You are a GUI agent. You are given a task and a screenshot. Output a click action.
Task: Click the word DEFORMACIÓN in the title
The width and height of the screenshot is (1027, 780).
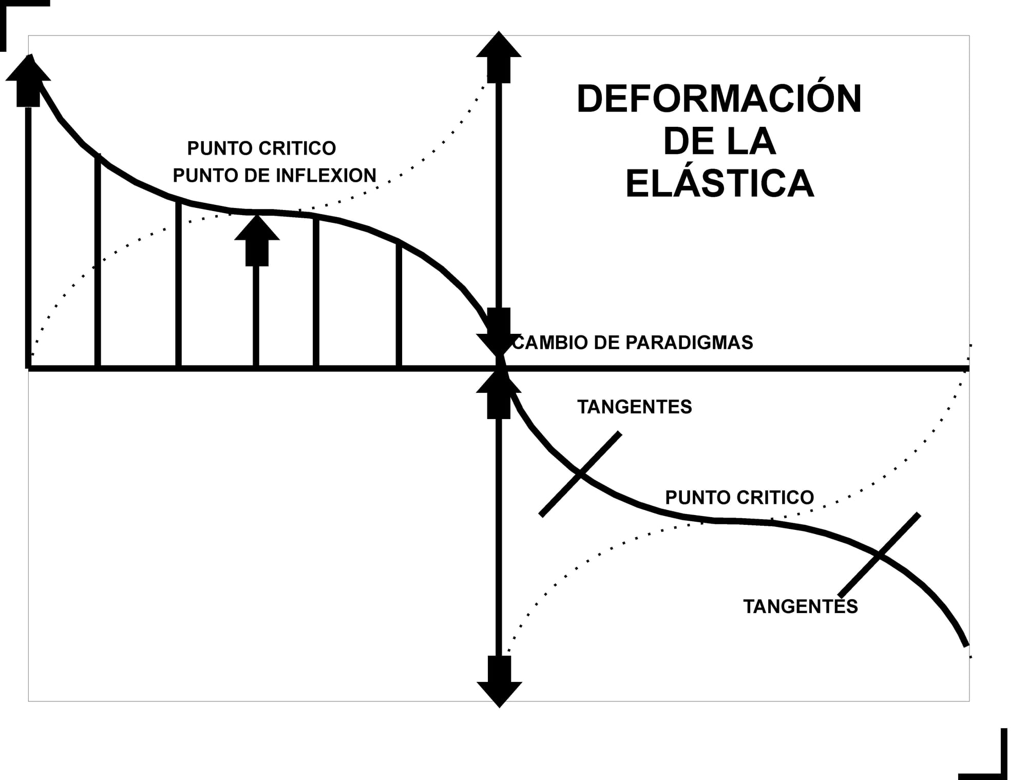[719, 99]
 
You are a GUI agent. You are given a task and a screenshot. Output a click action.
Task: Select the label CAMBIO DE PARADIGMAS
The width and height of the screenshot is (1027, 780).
[633, 343]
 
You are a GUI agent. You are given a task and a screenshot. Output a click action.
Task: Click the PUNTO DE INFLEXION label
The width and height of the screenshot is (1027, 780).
[274, 176]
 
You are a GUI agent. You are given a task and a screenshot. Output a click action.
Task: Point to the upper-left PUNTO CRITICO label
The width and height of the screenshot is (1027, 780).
[261, 148]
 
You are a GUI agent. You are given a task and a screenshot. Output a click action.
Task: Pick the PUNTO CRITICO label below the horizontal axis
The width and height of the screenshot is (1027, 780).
[739, 498]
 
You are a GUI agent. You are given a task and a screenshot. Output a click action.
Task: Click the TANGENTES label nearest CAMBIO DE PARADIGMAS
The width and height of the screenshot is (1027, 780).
[634, 407]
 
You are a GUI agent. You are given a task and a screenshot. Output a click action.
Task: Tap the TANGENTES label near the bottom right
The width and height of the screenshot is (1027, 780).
[800, 607]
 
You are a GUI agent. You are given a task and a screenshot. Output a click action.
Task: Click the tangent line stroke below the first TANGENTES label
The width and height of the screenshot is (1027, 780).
[580, 474]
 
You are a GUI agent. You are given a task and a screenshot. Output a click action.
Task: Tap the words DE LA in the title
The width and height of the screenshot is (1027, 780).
[719, 142]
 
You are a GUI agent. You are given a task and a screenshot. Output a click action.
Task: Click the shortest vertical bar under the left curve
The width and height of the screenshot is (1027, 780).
[399, 306]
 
